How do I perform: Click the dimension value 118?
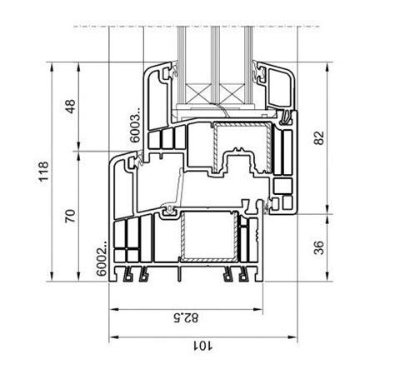click(x=44, y=172)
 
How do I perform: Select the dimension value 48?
click(x=71, y=107)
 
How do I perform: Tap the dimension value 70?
click(x=70, y=216)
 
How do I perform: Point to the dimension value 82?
click(x=319, y=137)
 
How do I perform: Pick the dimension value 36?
click(x=319, y=247)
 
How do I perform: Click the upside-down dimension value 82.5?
click(x=186, y=317)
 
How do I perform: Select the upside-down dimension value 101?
click(x=202, y=346)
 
